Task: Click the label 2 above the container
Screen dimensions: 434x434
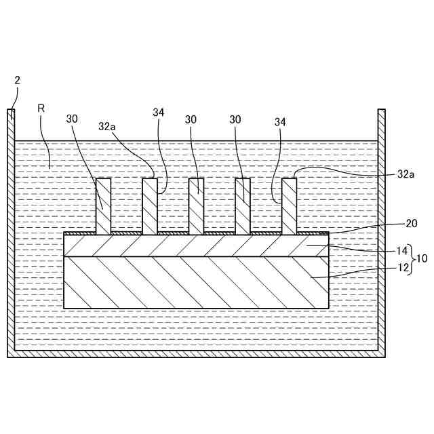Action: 17,80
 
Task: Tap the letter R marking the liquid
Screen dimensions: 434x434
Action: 41,108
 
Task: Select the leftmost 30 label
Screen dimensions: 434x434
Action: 72,119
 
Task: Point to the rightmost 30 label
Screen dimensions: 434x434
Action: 235,119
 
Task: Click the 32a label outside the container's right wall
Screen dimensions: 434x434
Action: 406,174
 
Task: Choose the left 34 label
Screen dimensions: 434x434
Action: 159,113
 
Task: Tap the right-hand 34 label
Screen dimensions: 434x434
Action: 280,122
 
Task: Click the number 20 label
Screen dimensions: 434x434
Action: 411,223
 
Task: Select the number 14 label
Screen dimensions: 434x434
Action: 402,250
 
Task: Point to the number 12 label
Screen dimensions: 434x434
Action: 402,268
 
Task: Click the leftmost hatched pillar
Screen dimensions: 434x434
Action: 103,206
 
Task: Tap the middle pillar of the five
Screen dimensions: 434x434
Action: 196,206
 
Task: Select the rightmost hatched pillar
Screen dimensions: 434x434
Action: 289,206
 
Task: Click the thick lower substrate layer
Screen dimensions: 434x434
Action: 196,282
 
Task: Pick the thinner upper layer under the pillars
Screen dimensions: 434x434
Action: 196,245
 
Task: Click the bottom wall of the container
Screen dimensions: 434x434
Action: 196,353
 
